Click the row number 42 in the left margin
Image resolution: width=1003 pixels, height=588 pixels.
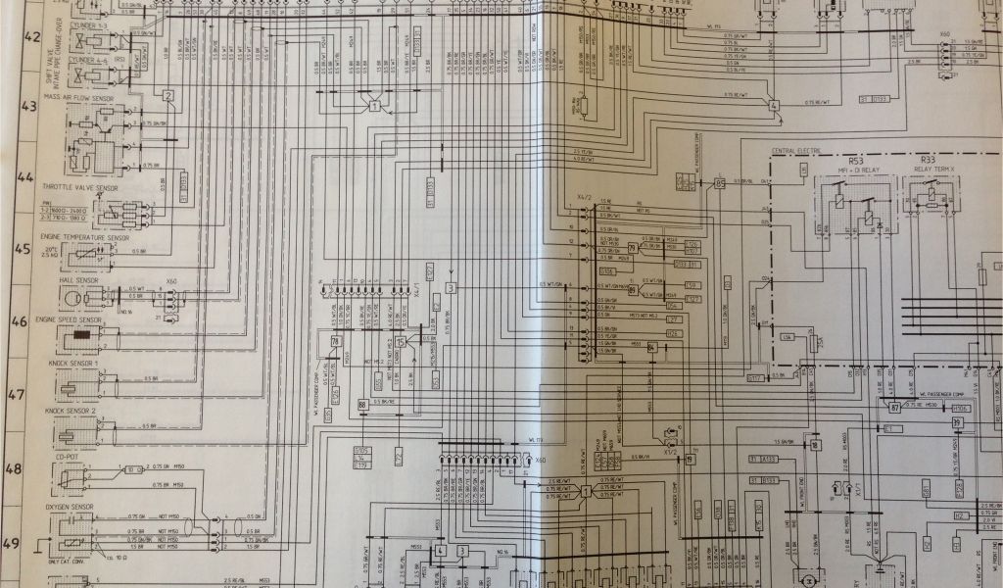32,37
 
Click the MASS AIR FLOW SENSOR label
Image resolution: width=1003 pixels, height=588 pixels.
79,98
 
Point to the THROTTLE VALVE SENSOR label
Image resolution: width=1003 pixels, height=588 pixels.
79,186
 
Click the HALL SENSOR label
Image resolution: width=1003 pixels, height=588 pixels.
78,280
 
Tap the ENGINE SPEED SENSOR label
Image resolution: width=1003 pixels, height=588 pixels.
69,320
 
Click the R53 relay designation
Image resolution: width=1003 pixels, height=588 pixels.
856,159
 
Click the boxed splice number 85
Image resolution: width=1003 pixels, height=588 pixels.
720,182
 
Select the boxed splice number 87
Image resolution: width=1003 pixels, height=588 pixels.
894,406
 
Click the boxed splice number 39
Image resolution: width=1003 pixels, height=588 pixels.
957,422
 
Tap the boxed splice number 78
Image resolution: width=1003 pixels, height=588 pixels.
335,340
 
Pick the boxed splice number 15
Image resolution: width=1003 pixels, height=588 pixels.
400,341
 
